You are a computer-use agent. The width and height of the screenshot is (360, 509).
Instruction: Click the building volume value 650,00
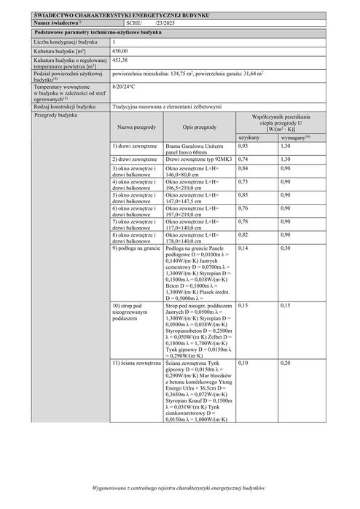point(122,51)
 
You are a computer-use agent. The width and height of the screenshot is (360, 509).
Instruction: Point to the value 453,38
point(122,60)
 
